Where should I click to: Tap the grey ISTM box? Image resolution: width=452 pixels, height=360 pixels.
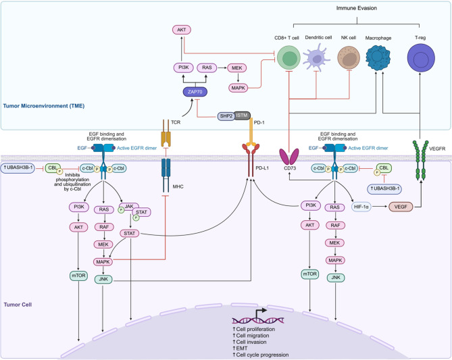coord(243,116)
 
